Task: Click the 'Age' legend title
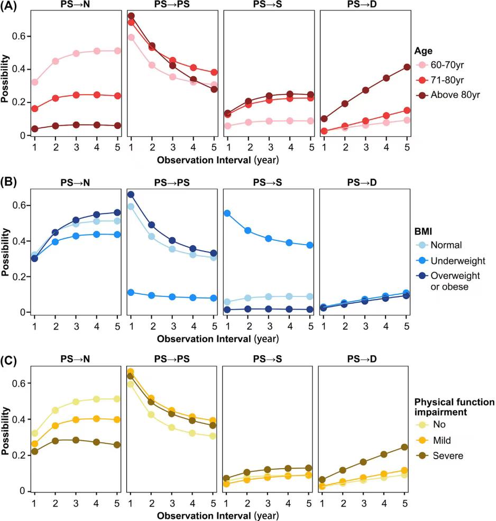point(424,51)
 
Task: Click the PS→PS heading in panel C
point(172,359)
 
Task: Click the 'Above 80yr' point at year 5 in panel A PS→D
point(407,67)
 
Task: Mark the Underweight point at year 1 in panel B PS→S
point(228,213)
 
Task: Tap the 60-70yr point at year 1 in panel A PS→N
point(35,82)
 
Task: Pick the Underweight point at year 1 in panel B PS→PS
point(131,292)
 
